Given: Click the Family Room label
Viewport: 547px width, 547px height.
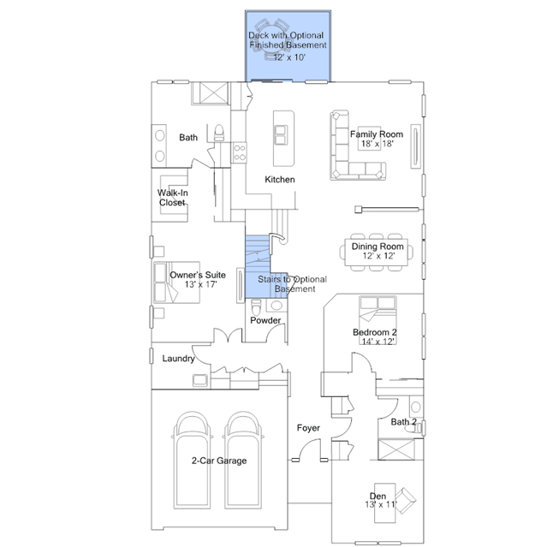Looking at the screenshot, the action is click(377, 134).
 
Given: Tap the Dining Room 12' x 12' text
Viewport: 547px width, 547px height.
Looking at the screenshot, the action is click(378, 251).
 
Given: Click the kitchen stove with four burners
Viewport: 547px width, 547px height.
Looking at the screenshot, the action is click(240, 152).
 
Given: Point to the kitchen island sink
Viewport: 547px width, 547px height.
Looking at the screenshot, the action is click(281, 135).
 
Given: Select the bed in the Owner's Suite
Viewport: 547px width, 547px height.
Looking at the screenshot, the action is click(176, 282).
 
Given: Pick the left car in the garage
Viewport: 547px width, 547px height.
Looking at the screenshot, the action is click(192, 461).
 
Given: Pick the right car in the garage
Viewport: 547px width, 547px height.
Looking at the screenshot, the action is click(243, 461).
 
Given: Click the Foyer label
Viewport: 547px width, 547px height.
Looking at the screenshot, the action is click(308, 428).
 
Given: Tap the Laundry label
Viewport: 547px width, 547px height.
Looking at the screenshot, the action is click(178, 359).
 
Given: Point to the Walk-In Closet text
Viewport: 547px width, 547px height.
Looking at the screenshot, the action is click(172, 198).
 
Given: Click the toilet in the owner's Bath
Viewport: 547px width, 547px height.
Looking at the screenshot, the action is click(219, 133).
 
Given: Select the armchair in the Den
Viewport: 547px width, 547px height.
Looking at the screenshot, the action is click(406, 500).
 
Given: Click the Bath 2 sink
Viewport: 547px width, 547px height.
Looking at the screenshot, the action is click(415, 407).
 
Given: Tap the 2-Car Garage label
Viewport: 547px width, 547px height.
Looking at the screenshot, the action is click(219, 461).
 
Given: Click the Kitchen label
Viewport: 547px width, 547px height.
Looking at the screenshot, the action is click(280, 180).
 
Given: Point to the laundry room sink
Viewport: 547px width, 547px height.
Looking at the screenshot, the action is click(200, 380).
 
